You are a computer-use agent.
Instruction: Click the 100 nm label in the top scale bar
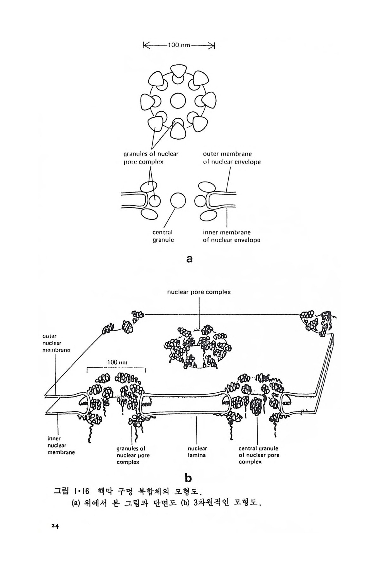coord(179,45)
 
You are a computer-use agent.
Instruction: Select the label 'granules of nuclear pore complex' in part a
coord(151,158)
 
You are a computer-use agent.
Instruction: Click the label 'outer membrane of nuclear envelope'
coord(232,158)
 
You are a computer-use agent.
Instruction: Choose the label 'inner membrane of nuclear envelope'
coord(231,236)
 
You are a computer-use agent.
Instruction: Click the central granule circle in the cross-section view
coord(178,200)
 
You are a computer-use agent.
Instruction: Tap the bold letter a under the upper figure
coord(189,259)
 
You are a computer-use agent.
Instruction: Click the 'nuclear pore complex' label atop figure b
coord(199,292)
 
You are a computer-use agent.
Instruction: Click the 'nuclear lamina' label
coord(197,452)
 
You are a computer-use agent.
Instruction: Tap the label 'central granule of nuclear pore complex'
coord(259,455)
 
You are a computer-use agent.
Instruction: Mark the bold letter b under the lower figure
coord(188,477)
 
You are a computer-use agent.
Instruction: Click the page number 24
coord(56,526)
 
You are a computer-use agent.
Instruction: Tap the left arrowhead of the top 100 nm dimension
coord(145,45)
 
